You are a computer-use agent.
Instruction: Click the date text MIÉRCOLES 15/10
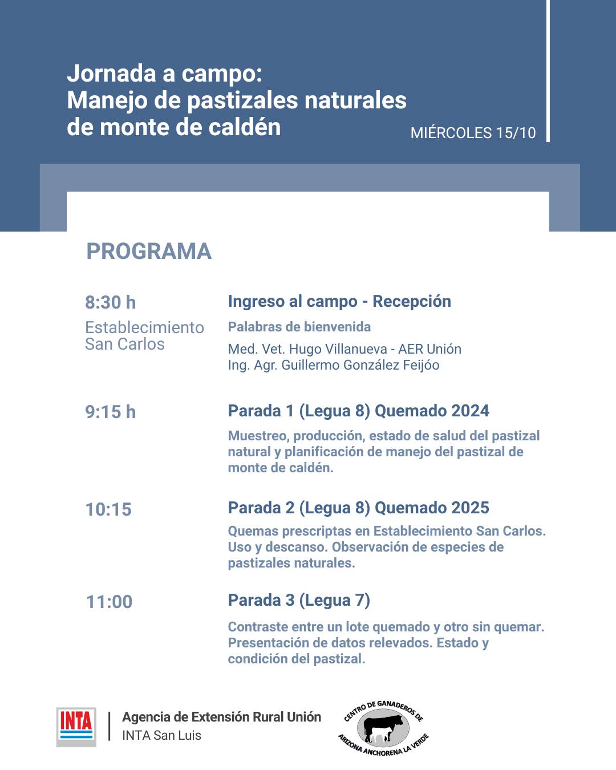(x=473, y=133)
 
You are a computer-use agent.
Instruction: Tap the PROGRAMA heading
(x=149, y=252)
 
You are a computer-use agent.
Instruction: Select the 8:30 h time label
(x=111, y=302)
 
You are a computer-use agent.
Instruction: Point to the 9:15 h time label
(x=111, y=412)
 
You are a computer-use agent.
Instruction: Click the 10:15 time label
(x=108, y=509)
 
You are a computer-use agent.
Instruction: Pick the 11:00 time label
(x=109, y=602)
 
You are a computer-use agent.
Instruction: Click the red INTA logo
(x=76, y=727)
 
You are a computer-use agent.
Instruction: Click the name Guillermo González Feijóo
(x=360, y=365)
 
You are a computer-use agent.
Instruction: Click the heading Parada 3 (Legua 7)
(x=299, y=600)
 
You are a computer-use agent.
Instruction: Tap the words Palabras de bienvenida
(x=299, y=327)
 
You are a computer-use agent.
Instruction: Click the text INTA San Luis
(x=161, y=735)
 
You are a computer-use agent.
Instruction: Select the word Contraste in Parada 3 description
(x=258, y=627)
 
